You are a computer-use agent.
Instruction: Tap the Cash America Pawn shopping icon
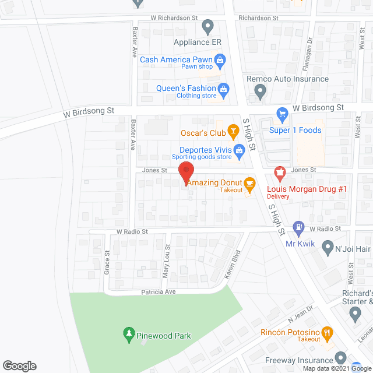coord(220,59)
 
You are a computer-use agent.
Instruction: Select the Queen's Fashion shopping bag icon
coord(223,89)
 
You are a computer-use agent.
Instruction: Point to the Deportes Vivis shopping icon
coord(239,152)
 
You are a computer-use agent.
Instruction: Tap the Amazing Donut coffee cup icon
coord(249,184)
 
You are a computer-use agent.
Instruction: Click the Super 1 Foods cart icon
coord(283,114)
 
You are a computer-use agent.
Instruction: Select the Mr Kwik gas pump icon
coord(299,227)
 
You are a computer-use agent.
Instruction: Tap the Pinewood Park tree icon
coord(128,335)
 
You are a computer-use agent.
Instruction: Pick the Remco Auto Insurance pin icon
coord(260,91)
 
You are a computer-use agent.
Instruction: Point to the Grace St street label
coord(107,262)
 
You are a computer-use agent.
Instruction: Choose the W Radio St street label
coord(132,231)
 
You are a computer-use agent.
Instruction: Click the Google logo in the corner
coord(19,365)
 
